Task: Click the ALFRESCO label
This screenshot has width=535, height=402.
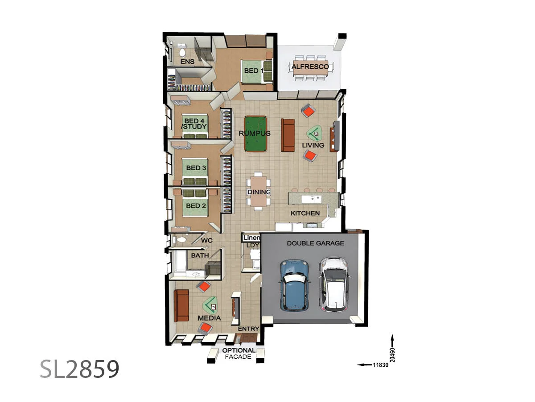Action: [310, 67]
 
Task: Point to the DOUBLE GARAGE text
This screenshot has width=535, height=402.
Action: [315, 243]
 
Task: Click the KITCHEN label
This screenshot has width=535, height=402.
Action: [305, 213]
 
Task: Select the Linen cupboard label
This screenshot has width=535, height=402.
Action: [251, 238]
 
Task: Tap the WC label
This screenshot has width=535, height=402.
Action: [206, 240]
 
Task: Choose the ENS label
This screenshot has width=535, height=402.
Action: [187, 62]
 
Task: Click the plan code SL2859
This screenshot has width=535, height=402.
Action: [79, 369]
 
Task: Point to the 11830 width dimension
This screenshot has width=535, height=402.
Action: [379, 365]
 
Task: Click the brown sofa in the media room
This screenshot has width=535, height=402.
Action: [181, 306]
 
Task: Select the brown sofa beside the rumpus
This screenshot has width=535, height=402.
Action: [288, 135]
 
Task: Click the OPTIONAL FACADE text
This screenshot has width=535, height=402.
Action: [239, 353]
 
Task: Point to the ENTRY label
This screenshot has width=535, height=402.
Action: [248, 329]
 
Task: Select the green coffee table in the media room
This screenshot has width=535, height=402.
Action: [211, 306]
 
